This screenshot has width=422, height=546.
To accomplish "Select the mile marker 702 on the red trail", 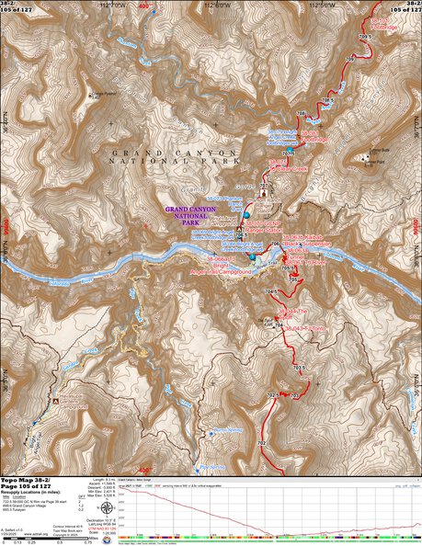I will tap(262, 444).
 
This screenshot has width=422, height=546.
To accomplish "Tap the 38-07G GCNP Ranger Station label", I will tap(267, 226).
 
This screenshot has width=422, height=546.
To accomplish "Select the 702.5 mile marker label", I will tap(273, 395).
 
